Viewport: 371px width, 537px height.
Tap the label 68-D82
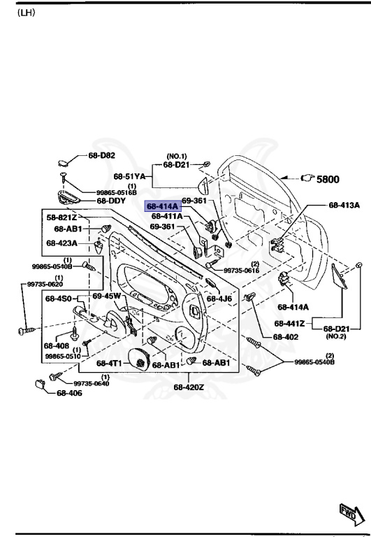click(102, 155)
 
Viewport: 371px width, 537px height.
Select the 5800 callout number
click(328, 179)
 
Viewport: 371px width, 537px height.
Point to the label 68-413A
click(344, 206)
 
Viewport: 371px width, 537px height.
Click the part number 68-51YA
click(129, 176)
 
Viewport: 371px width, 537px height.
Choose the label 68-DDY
click(111, 201)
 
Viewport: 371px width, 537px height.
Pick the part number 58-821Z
click(62, 218)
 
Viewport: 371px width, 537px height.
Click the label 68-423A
click(62, 243)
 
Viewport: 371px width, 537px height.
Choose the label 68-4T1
click(110, 363)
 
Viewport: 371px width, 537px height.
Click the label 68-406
click(70, 393)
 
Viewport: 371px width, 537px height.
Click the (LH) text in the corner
click(26, 13)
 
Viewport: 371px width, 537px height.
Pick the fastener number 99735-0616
click(241, 271)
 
